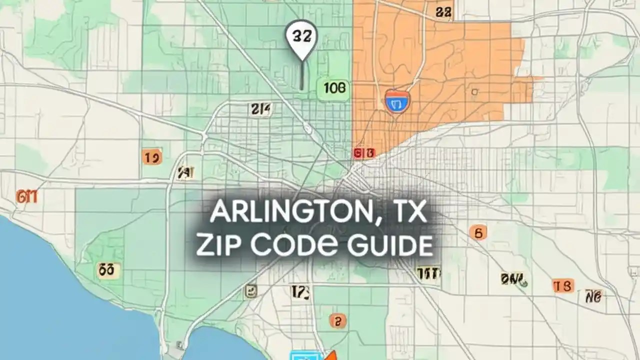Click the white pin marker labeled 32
[301, 37]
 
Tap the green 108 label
[333, 89]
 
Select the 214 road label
[260, 109]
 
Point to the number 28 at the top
[443, 12]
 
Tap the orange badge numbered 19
[151, 157]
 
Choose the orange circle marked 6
[478, 232]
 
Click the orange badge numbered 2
[337, 320]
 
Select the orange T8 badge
[563, 285]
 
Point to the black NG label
[594, 296]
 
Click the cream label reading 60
[108, 270]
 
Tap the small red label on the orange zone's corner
[364, 153]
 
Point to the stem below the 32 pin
[301, 75]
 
